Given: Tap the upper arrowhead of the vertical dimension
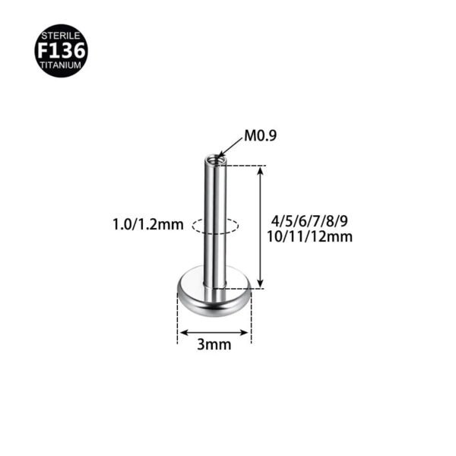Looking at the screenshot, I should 261,170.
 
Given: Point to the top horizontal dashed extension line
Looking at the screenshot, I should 243,165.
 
